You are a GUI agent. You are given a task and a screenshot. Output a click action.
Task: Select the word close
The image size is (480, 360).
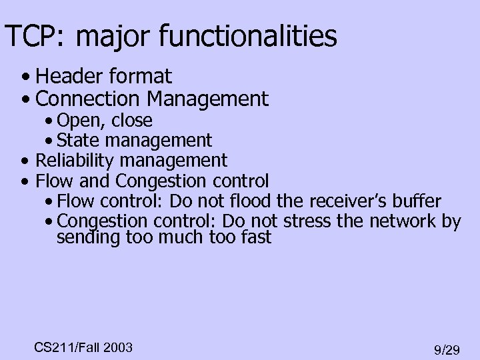coord(132,121)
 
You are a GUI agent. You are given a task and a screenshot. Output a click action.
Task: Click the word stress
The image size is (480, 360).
coord(307,221)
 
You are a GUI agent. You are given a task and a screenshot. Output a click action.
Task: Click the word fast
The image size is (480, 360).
coord(253,237)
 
